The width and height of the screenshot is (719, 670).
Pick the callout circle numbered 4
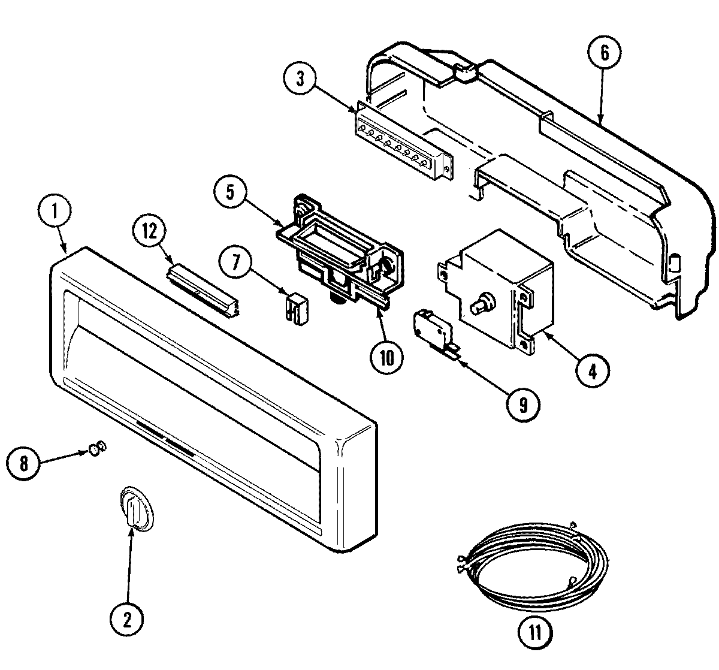(591, 372)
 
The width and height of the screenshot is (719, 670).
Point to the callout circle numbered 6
(605, 53)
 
